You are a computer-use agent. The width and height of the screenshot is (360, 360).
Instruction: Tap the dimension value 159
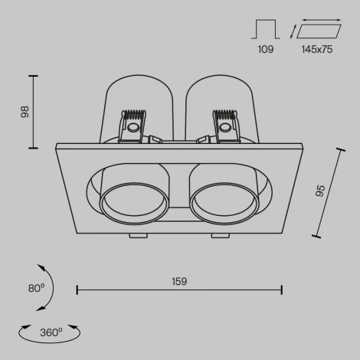180,282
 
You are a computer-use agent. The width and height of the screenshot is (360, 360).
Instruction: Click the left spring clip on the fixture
133,123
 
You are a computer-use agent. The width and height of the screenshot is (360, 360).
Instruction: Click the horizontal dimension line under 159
180,290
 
